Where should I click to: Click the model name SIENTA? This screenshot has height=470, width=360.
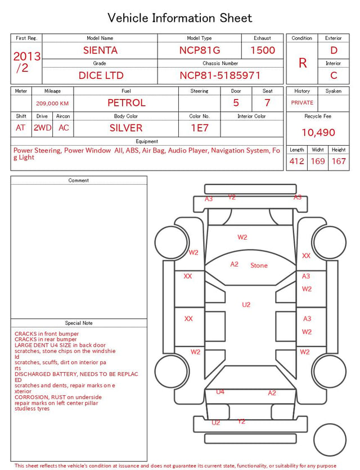[100, 50]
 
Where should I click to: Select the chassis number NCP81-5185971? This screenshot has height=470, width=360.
[220, 75]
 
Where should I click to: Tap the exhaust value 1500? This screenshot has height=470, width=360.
[263, 50]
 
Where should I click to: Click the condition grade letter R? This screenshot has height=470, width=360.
[303, 63]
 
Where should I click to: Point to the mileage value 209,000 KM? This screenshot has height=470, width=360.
[52, 104]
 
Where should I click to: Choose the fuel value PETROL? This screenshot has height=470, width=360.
[127, 103]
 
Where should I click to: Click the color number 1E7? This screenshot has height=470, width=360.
[200, 128]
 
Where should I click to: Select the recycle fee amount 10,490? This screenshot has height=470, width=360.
[318, 132]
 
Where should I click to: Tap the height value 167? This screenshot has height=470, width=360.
[339, 161]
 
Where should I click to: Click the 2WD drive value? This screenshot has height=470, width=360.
[42, 128]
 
